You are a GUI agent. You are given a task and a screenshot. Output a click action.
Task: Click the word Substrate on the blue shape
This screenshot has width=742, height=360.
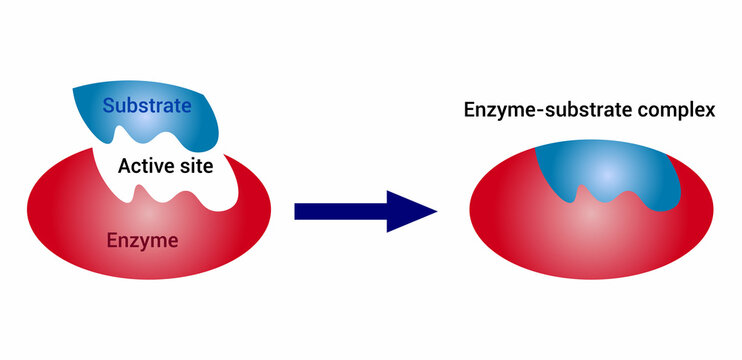coord(148,104)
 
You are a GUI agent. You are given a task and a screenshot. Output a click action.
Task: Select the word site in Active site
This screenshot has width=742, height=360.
coord(195,166)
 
